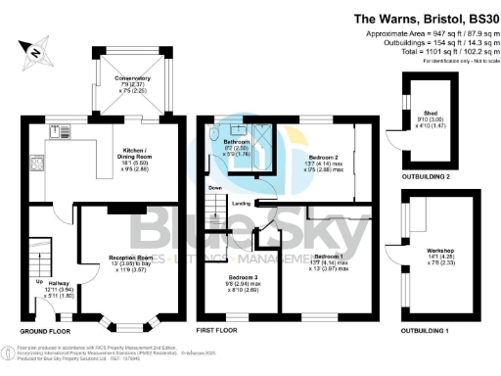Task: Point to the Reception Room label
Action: [130, 258]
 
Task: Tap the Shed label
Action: [430, 113]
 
